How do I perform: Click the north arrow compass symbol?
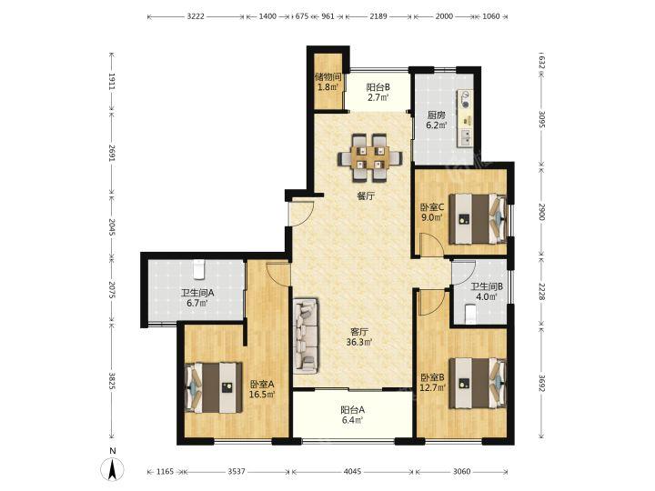[113, 469]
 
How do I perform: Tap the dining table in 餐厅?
[370, 157]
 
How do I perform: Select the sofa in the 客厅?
[306, 335]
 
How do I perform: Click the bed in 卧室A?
[214, 387]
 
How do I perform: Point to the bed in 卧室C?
[478, 218]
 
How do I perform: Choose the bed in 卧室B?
[478, 383]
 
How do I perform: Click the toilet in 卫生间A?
[199, 269]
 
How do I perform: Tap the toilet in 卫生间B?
[470, 314]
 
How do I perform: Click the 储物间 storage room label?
[327, 76]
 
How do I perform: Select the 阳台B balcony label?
[378, 87]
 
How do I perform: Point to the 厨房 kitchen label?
[436, 115]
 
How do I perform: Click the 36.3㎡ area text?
[359, 343]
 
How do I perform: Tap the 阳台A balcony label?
[353, 410]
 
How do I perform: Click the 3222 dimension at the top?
[196, 16]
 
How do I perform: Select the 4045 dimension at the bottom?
[353, 471]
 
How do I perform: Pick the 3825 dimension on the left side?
[112, 381]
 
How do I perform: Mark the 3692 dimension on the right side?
[541, 384]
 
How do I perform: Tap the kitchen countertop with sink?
[465, 118]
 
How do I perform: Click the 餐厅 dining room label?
[366, 195]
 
